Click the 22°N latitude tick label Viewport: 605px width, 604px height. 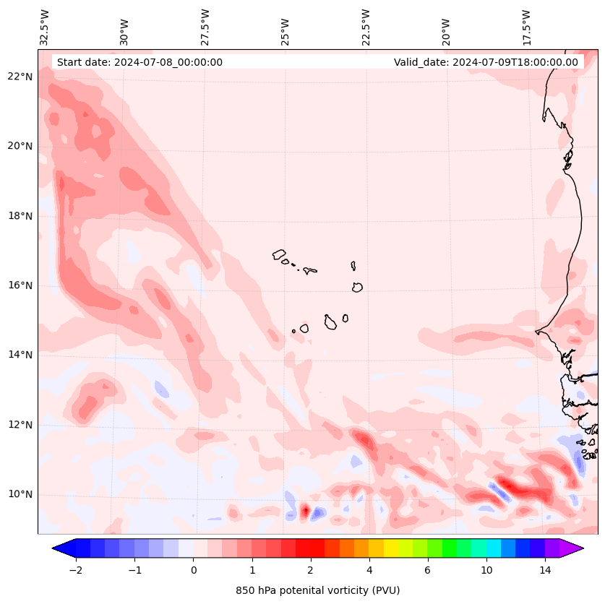click(x=21, y=77)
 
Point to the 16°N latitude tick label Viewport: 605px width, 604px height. click(x=21, y=285)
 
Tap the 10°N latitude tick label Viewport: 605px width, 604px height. click(x=21, y=495)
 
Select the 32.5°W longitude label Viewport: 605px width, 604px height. click(x=45, y=27)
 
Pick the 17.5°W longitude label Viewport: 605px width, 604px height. click(x=526, y=27)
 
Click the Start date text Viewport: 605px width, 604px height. click(x=140, y=62)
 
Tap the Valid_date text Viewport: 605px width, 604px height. click(x=486, y=62)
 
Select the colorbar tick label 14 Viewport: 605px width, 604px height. click(x=545, y=571)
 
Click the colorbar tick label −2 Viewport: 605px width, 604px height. click(x=75, y=571)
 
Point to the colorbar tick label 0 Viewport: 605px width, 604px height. click(x=193, y=571)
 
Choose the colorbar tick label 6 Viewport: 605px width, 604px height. click(x=427, y=571)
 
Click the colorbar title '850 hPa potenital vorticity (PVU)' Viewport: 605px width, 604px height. click(x=317, y=590)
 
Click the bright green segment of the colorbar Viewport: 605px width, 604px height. click(x=450, y=548)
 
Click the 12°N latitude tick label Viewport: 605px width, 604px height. click(x=21, y=425)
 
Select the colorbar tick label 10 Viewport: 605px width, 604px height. click(x=486, y=571)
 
